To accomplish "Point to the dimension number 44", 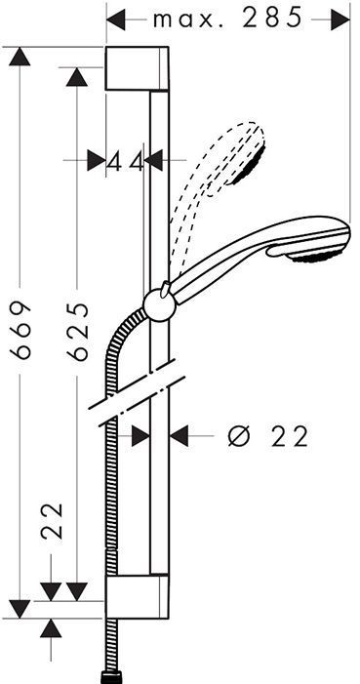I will click(x=125, y=160).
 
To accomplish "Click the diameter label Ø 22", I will click(x=267, y=436).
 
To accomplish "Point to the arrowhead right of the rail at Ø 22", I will click(x=180, y=436).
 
